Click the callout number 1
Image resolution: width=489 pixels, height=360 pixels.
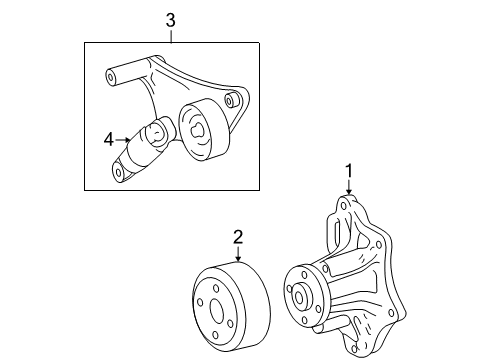point(349,170)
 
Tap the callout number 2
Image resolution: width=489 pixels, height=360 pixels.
point(238,236)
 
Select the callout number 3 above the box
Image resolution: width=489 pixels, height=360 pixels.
point(171,20)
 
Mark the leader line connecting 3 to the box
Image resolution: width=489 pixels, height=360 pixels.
point(171,36)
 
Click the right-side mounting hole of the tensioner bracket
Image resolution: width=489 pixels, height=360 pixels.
point(231,101)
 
